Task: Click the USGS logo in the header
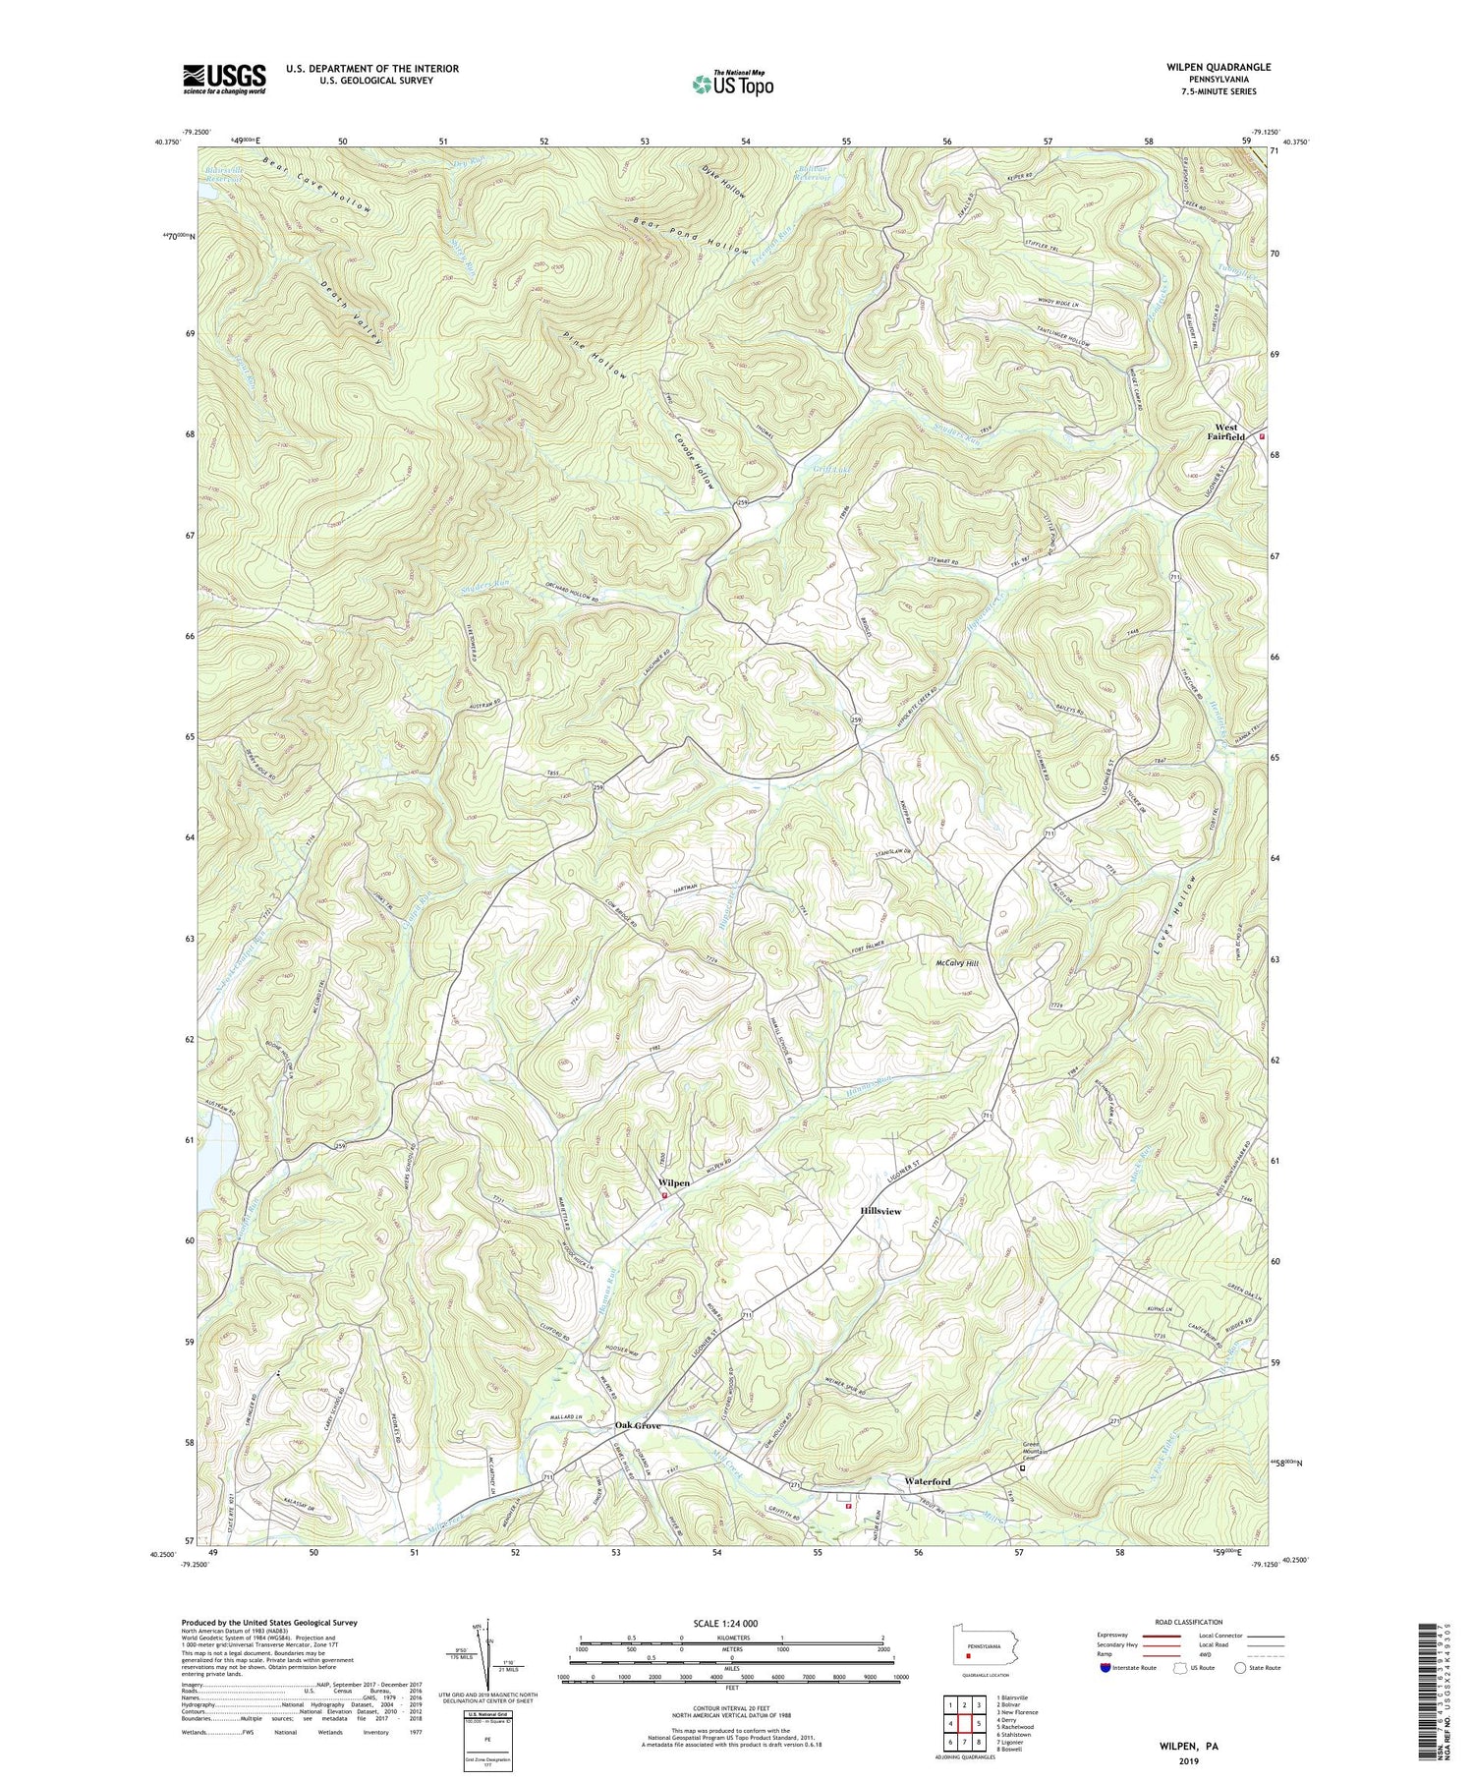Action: (x=224, y=79)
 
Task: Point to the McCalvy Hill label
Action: (x=959, y=963)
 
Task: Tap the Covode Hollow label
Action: (x=693, y=461)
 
